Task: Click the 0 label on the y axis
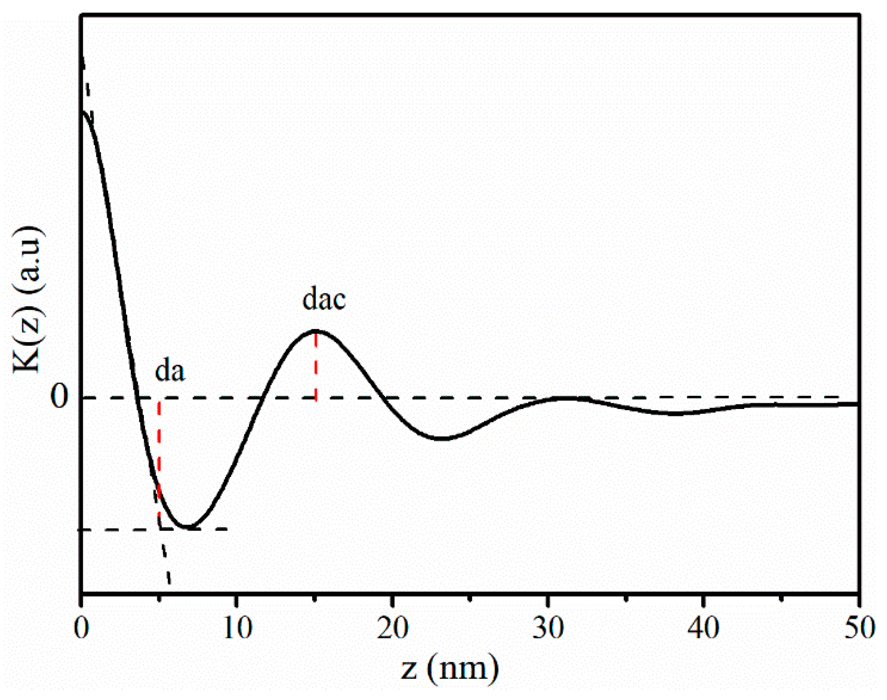pyautogui.click(x=59, y=397)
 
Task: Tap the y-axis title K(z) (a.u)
pyautogui.click(x=27, y=299)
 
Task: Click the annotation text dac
pyautogui.click(x=324, y=299)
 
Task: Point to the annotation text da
pyautogui.click(x=170, y=371)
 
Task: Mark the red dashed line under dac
pyautogui.click(x=316, y=366)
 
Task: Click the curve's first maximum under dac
pyautogui.click(x=316, y=330)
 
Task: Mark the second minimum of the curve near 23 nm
pyautogui.click(x=442, y=439)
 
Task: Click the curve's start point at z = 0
pyautogui.click(x=82, y=112)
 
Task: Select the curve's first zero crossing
pyautogui.click(x=137, y=397)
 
